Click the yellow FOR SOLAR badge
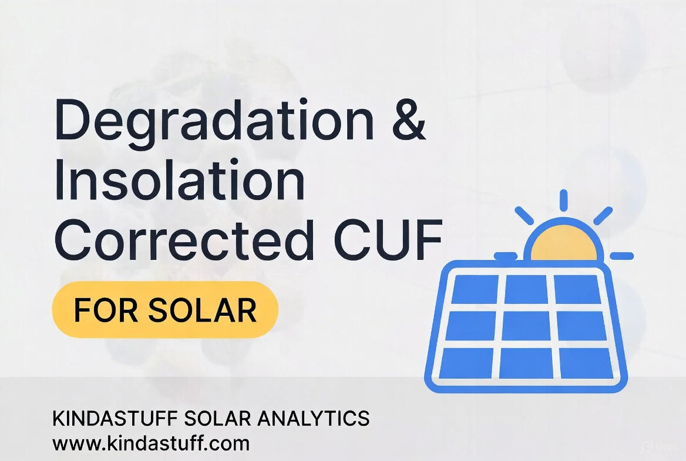tap(165, 310)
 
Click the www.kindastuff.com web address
tap(151, 442)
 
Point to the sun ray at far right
tap(621, 256)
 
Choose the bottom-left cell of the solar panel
tap(468, 363)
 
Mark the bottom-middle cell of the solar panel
tap(526, 363)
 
